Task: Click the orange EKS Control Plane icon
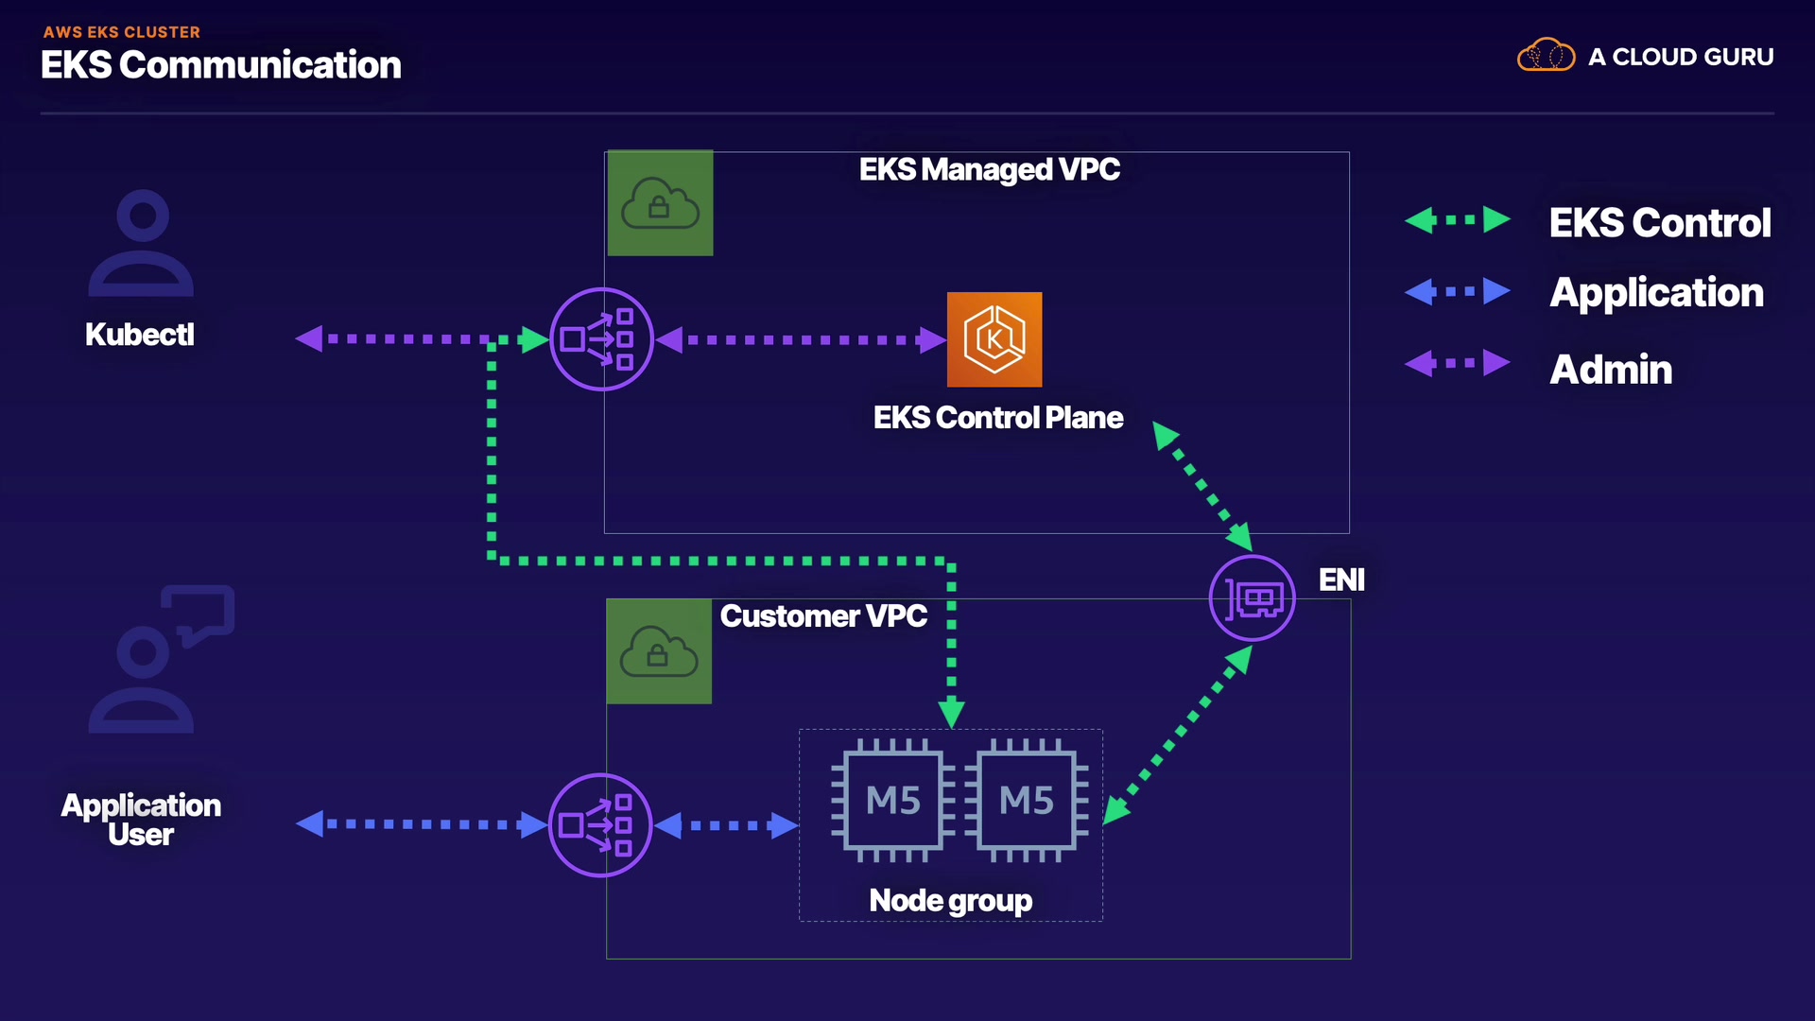(994, 339)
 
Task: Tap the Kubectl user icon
(141, 244)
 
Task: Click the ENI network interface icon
(1253, 598)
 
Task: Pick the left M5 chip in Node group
(893, 801)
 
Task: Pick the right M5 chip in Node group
(1027, 801)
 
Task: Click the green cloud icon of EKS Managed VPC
(660, 203)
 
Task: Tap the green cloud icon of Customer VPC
(659, 651)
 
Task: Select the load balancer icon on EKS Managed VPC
(601, 339)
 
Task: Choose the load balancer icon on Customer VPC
(600, 825)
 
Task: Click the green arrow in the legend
(1458, 220)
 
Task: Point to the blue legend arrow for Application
(1458, 291)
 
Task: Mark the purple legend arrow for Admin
(1458, 363)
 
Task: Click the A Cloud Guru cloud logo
(1546, 56)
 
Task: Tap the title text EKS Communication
(221, 65)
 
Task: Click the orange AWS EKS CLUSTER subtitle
(122, 32)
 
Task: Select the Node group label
(950, 900)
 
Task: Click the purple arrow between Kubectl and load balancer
(397, 338)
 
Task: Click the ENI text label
(1341, 580)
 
